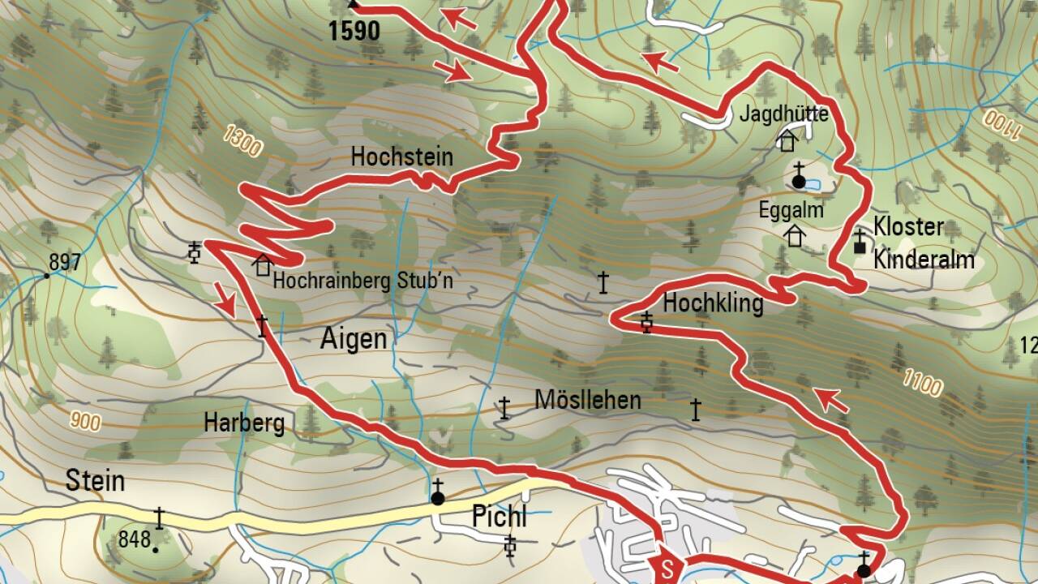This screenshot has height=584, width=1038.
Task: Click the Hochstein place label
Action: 401,157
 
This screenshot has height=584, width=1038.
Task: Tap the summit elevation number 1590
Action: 354,32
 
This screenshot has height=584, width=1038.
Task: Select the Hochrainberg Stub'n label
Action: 362,281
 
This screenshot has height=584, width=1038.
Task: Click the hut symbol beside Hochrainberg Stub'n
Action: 262,265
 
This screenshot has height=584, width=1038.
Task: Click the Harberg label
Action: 244,423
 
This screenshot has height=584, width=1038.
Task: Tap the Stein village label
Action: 96,481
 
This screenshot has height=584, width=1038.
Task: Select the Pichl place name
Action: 499,516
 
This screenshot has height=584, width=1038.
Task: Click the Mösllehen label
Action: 588,400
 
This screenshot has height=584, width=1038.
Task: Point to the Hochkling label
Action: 713,304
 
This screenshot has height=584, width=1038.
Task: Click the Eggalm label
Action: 791,211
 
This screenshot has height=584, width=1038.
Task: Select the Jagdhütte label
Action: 783,114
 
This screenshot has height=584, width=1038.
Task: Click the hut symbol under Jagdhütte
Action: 786,141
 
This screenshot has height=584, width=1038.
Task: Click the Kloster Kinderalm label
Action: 924,243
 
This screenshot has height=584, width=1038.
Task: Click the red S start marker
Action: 667,565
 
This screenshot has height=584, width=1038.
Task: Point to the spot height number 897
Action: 65,263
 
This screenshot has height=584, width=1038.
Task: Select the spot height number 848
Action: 134,539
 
